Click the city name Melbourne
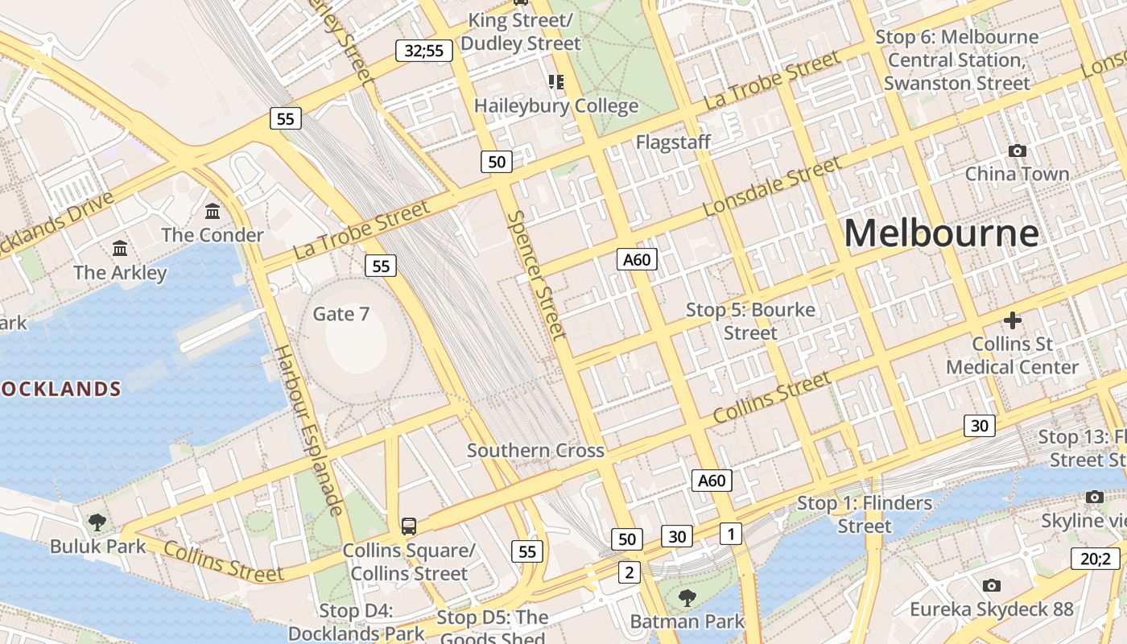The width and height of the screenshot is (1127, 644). [x=941, y=233]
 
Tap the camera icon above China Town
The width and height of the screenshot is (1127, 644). [x=1017, y=151]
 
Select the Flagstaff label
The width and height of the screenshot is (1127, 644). [x=673, y=142]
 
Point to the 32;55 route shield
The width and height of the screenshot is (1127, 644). [x=424, y=51]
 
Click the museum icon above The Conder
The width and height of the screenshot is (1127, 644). [x=213, y=211]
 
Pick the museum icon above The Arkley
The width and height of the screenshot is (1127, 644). [x=120, y=248]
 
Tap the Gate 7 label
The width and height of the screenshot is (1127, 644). [x=341, y=314]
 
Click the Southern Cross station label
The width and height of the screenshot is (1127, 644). [x=535, y=451]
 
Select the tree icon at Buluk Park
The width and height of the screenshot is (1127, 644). [x=97, y=522]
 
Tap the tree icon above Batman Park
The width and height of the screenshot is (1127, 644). [x=687, y=597]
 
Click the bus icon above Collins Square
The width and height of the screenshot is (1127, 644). [x=409, y=526]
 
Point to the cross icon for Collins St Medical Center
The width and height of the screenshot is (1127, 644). [x=1012, y=320]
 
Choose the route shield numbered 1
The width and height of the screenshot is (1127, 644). [x=730, y=533]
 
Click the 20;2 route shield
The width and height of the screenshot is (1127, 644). [x=1095, y=559]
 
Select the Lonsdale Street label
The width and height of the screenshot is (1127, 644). [x=772, y=187]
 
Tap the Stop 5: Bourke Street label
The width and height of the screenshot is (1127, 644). [x=750, y=321]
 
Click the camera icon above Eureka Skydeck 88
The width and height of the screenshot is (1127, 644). [x=992, y=585]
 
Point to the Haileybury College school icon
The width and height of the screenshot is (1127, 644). [x=555, y=82]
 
